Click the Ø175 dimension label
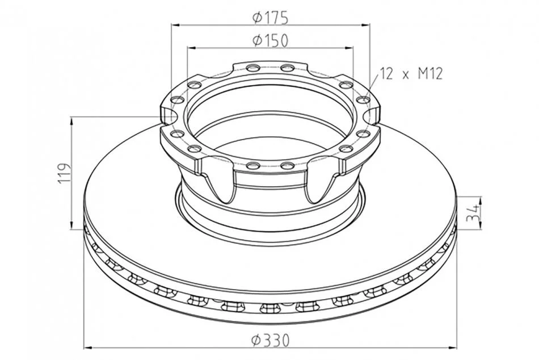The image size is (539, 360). coord(270,18)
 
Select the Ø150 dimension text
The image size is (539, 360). coord(270,41)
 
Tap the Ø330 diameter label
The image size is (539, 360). coord(270,341)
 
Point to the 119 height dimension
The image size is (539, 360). coord(65,173)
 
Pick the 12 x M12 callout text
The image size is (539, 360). coord(411,73)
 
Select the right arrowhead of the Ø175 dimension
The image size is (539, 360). coord(365,25)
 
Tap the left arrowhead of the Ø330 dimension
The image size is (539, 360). coord(89,348)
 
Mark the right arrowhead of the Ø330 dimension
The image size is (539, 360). coord(452,348)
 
